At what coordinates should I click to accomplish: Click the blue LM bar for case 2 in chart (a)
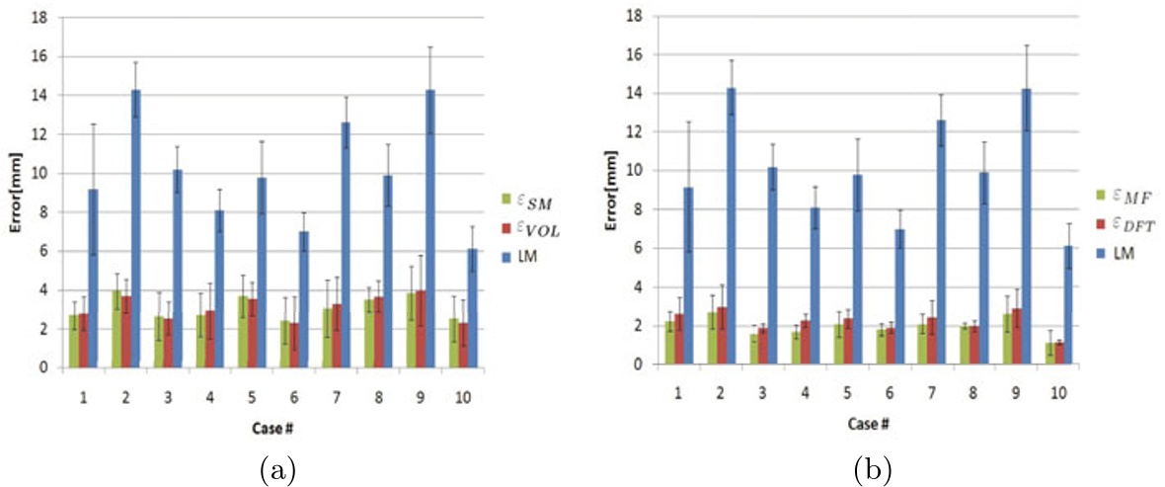pyautogui.click(x=135, y=228)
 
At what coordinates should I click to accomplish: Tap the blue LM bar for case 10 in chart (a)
pyautogui.click(x=473, y=307)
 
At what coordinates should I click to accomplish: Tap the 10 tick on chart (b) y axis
pyautogui.click(x=637, y=171)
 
